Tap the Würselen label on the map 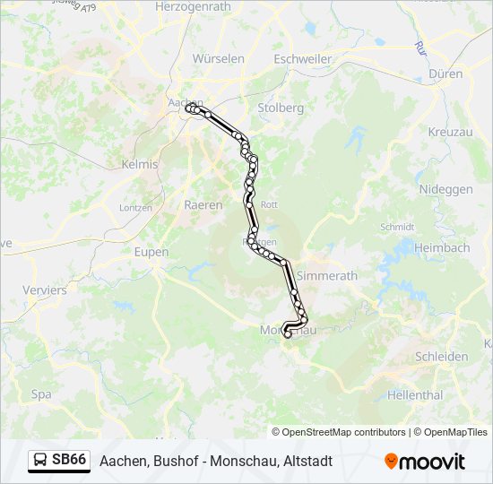pyautogui.click(x=219, y=58)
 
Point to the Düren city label pyautogui.click(x=445, y=73)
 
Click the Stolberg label pyautogui.click(x=280, y=108)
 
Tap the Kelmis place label pyautogui.click(x=139, y=164)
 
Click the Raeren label pyautogui.click(x=203, y=204)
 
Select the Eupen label pyautogui.click(x=151, y=252)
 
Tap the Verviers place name pyautogui.click(x=45, y=290)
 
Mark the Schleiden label pyautogui.click(x=441, y=356)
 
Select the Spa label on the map pyautogui.click(x=41, y=393)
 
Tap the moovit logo pyautogui.click(x=425, y=462)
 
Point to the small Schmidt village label pyautogui.click(x=397, y=228)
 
